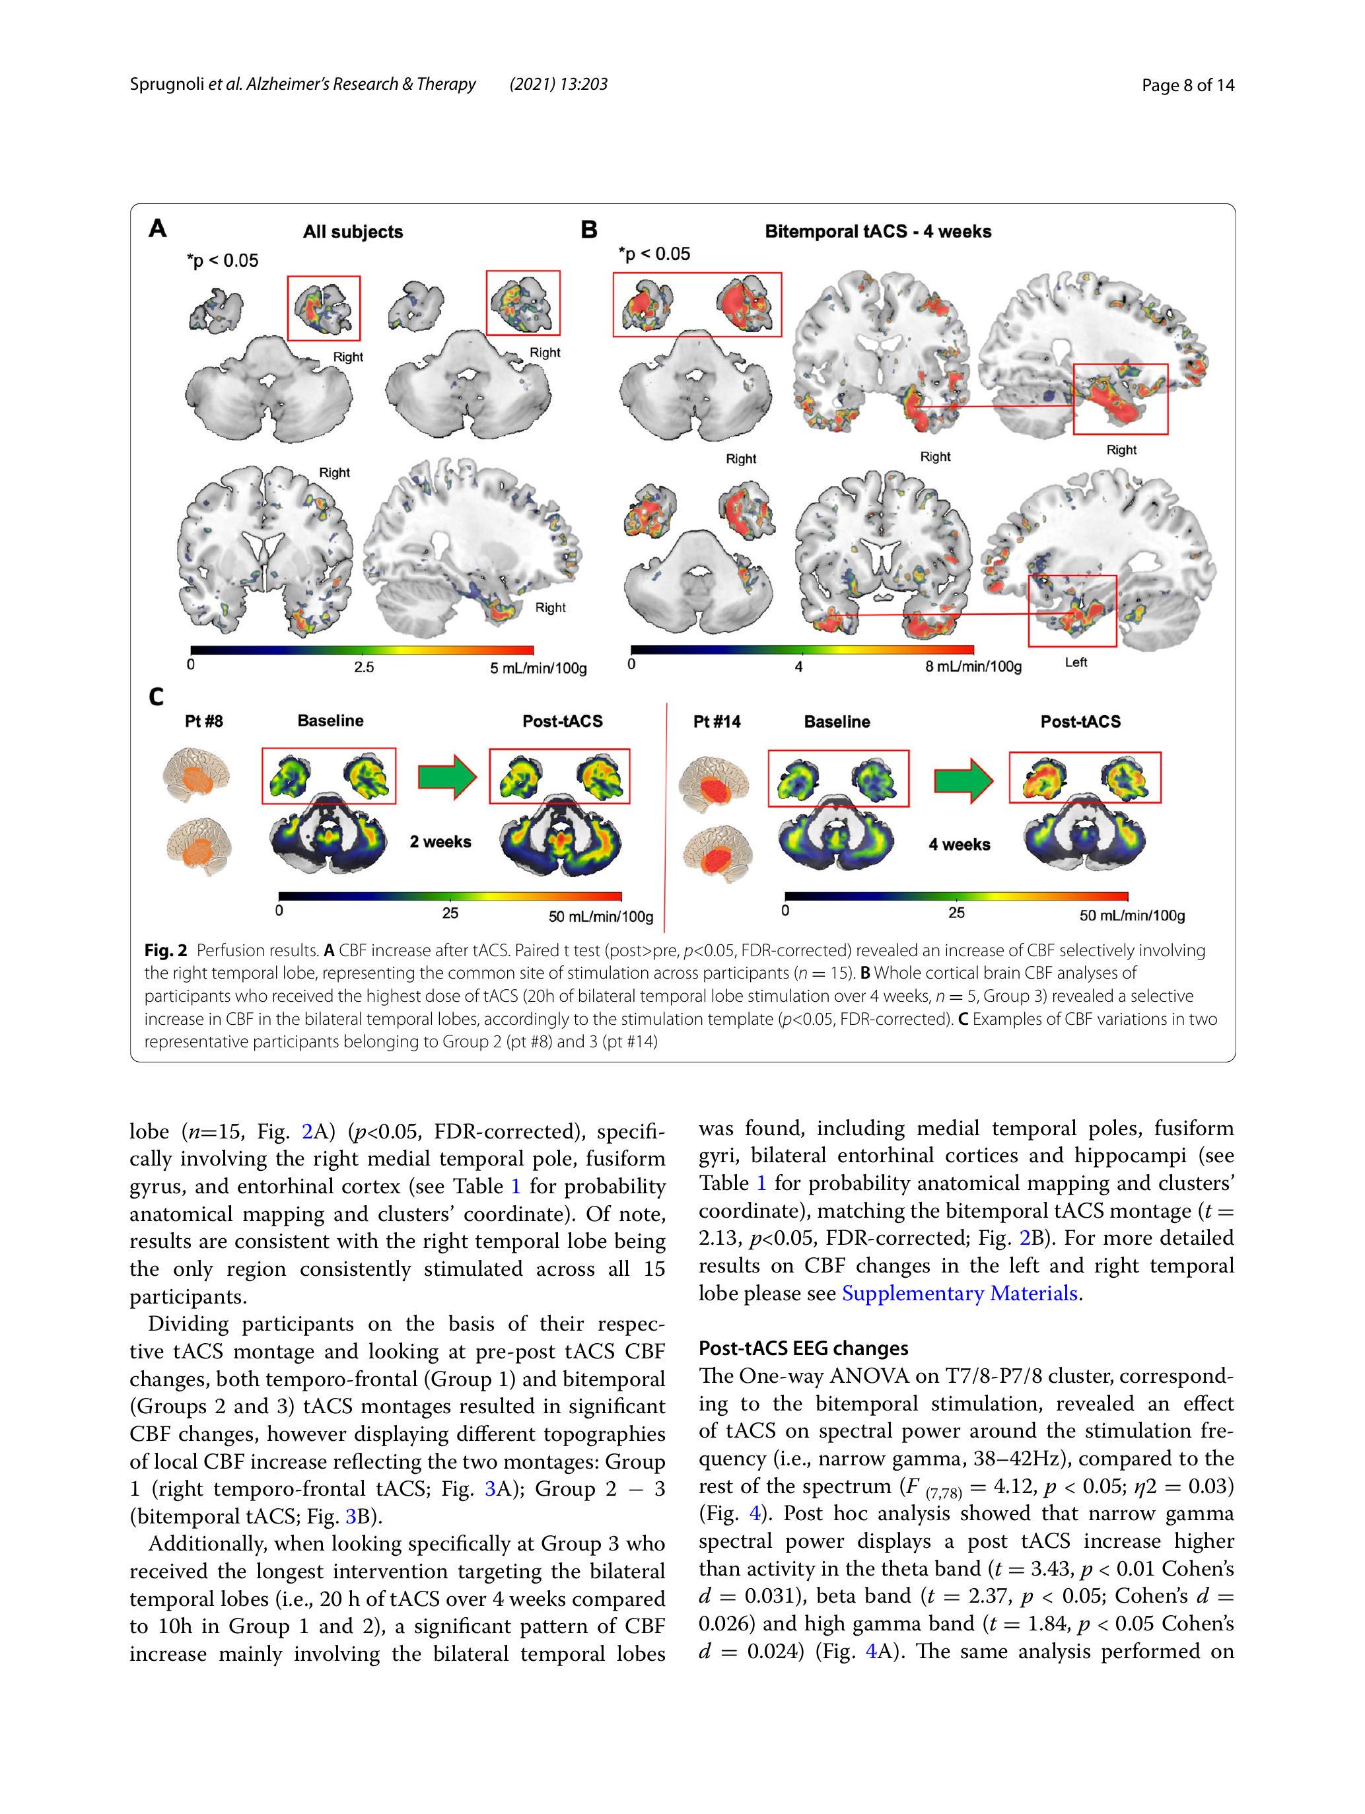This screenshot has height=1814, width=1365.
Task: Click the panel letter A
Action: [157, 228]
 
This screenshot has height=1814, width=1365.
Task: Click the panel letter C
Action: [156, 697]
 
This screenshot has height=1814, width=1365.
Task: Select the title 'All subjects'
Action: [353, 232]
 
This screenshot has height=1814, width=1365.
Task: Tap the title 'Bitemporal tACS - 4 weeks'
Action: [878, 231]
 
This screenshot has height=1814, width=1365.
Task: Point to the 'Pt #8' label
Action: [203, 722]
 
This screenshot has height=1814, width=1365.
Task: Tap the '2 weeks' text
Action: [440, 841]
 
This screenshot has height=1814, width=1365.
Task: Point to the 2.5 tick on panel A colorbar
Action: [363, 667]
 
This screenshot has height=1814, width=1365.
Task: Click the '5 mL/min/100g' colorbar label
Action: [538, 668]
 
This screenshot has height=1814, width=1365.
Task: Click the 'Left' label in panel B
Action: [1076, 662]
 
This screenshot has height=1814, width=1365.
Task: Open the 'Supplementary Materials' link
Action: [960, 1293]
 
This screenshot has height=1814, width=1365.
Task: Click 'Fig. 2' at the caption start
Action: [166, 950]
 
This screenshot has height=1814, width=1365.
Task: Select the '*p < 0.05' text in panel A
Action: [223, 261]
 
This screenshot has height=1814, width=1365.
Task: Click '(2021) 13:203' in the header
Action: [558, 85]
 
